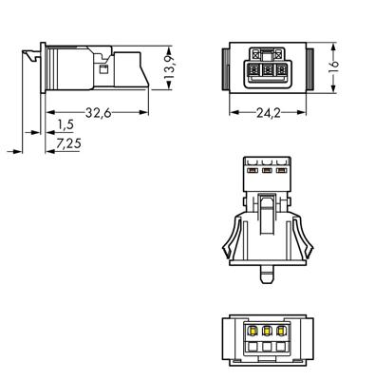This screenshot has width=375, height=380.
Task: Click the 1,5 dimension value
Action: [66, 125]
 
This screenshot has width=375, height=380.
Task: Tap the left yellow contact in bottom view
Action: [253, 330]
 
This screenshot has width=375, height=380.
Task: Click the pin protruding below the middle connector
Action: [269, 276]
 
